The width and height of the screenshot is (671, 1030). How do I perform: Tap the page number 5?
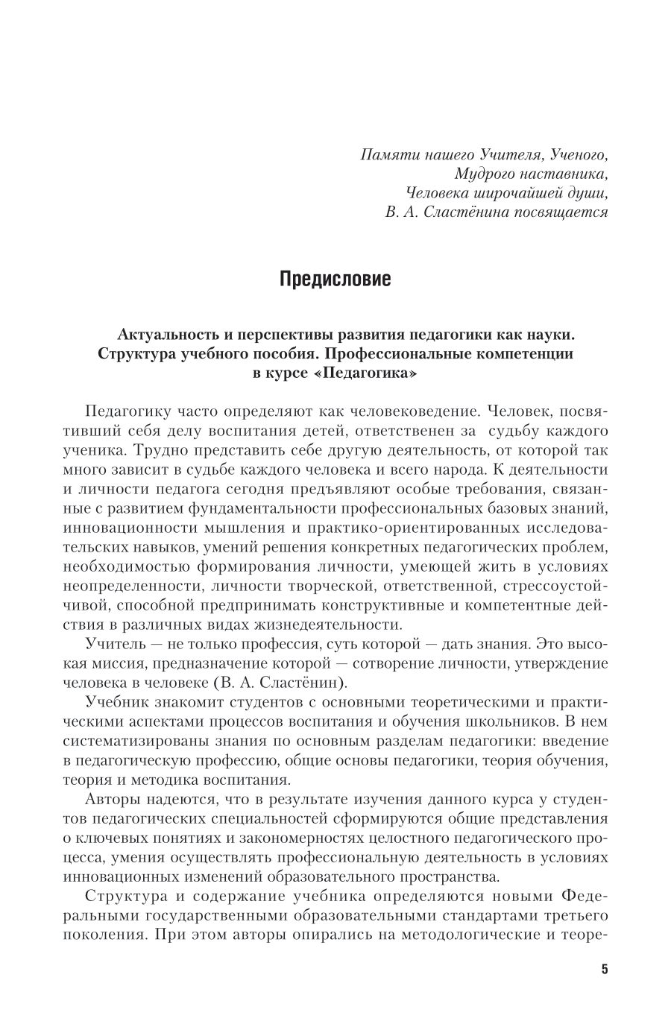604,970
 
